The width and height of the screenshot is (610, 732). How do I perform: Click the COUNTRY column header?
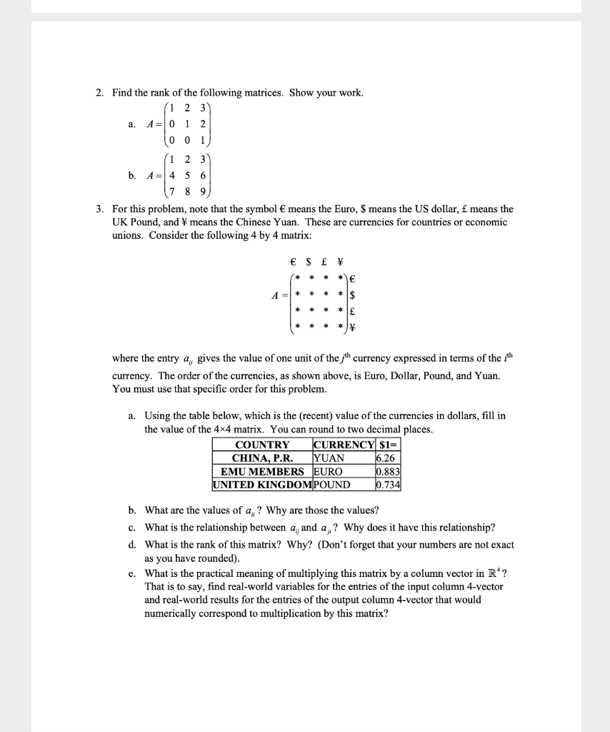pyautogui.click(x=262, y=445)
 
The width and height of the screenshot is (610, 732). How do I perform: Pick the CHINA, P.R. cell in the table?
pyautogui.click(x=262, y=458)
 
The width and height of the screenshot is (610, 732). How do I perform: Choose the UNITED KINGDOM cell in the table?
pyautogui.click(x=262, y=485)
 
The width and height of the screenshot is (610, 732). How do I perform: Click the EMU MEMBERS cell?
pyautogui.click(x=262, y=472)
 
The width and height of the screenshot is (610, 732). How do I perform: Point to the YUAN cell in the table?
pyautogui.click(x=329, y=458)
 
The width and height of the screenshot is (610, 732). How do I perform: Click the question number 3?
pyautogui.click(x=100, y=209)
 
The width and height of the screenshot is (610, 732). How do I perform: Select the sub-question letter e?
pyautogui.click(x=132, y=573)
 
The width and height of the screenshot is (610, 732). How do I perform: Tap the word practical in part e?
pyautogui.click(x=228, y=573)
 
